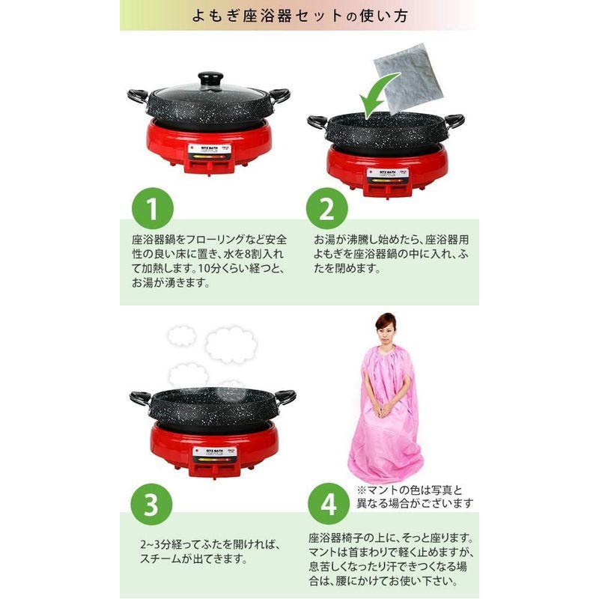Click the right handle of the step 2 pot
452,120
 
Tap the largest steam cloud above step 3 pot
226,344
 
